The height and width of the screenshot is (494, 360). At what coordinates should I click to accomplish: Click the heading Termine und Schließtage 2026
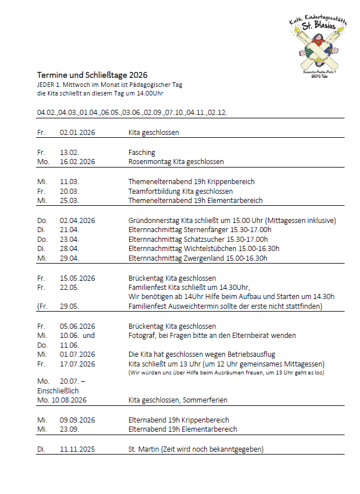(x=92, y=75)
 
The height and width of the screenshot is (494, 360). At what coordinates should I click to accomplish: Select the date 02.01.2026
(x=77, y=132)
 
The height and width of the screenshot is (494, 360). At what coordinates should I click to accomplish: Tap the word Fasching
(x=142, y=153)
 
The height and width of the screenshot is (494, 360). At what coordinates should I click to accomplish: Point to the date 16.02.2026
(x=77, y=162)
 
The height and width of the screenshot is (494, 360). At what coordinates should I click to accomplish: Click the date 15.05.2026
(x=77, y=278)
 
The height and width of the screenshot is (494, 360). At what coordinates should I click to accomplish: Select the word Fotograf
(x=142, y=335)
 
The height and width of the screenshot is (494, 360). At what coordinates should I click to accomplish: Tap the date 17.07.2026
(x=77, y=364)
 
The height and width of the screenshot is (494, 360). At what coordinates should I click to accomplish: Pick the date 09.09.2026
(x=77, y=420)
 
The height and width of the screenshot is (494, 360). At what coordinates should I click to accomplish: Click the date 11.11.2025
(x=77, y=449)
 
